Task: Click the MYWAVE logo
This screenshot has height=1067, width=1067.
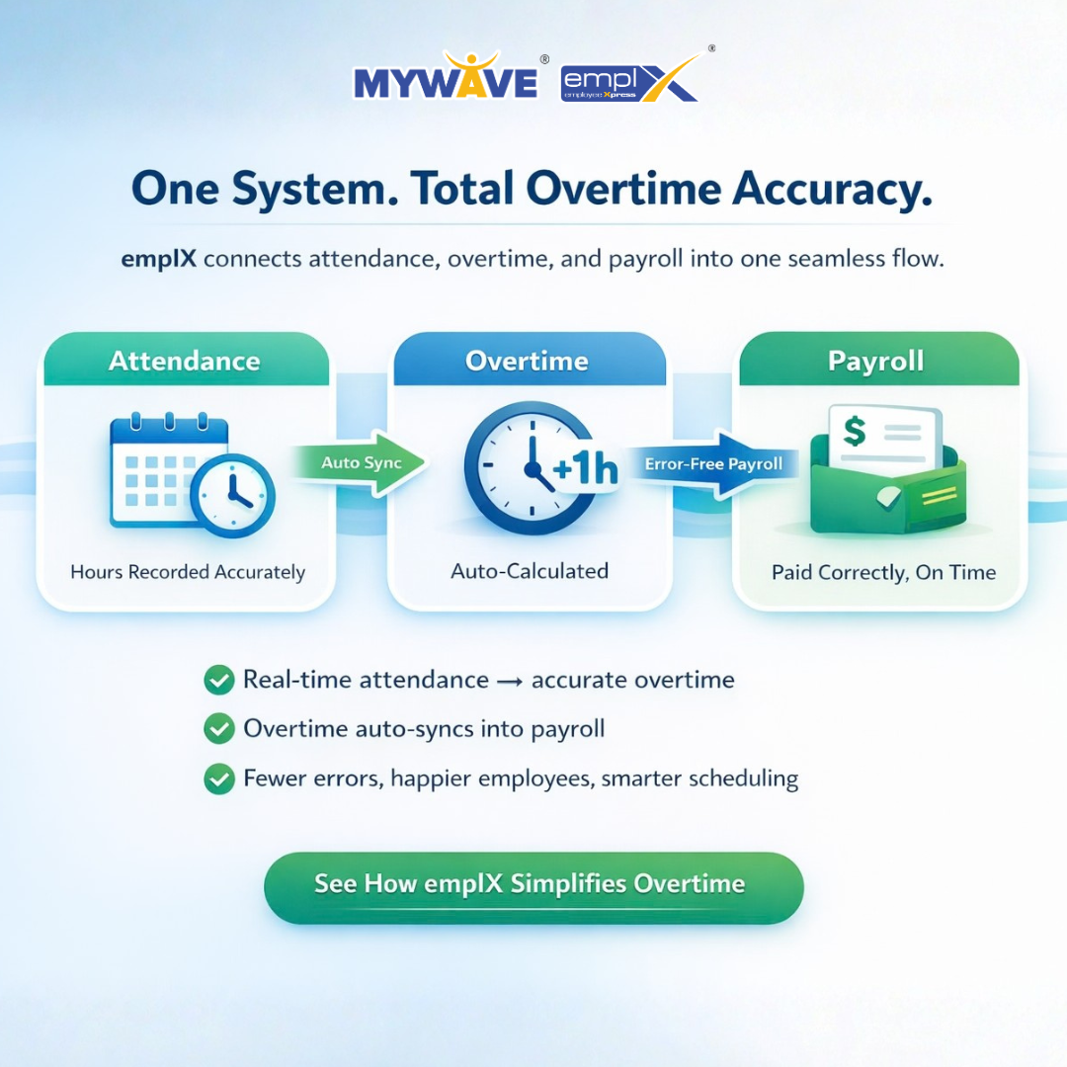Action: point(447,77)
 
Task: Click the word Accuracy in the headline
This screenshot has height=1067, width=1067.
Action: point(832,189)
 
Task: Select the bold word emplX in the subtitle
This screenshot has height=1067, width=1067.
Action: point(158,259)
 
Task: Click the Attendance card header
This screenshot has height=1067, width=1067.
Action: point(186,360)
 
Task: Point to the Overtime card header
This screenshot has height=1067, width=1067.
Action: point(528,360)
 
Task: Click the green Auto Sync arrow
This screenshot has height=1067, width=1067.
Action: point(360,463)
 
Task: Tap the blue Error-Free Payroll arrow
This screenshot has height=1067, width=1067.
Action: point(712,464)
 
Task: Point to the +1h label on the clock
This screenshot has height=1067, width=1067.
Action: point(585,468)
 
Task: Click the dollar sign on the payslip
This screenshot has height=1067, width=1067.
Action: point(855,431)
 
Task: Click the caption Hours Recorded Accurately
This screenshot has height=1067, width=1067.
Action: point(188,572)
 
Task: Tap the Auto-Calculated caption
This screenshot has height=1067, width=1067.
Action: point(530,571)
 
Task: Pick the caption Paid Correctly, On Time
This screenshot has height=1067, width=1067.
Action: point(883,572)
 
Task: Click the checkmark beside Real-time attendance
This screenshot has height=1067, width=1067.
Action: point(219,680)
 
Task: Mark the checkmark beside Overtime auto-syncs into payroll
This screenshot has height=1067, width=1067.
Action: point(219,729)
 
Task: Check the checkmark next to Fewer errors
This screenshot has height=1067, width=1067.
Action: point(219,779)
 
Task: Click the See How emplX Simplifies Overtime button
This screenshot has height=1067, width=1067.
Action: point(533,887)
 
